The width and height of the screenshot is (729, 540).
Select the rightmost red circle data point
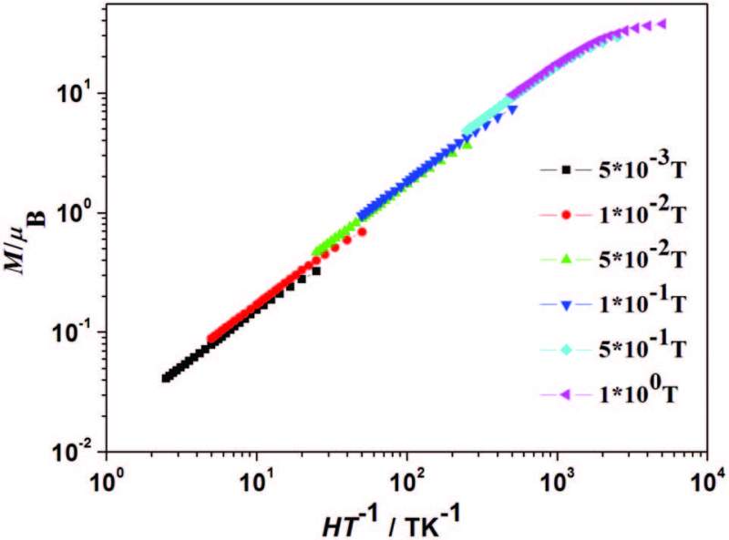(x=362, y=232)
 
